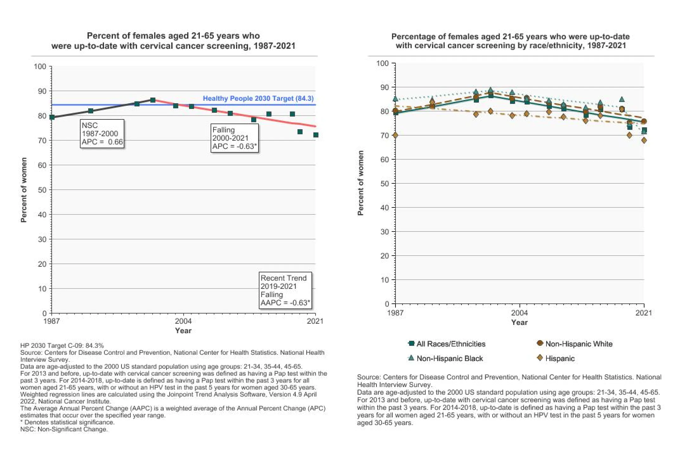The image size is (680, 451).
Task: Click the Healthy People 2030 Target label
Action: tap(258, 98)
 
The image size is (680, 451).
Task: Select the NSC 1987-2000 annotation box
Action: tap(102, 133)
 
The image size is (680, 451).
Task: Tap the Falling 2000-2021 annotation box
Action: tap(235, 138)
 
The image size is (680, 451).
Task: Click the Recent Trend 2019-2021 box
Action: tap(285, 290)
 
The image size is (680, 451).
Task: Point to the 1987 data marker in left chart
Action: tap(52, 117)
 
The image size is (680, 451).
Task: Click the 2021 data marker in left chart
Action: tap(316, 135)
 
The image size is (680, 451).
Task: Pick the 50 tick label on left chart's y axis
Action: tap(42, 190)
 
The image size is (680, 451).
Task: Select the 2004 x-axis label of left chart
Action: tap(183, 321)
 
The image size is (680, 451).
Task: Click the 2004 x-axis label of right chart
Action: tap(520, 313)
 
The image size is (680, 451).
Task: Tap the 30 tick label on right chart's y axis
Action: tap(385, 232)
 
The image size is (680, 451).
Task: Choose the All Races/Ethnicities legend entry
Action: tap(447, 344)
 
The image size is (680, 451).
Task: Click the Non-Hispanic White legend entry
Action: tap(574, 344)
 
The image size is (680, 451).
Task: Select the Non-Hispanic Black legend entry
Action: tap(445, 359)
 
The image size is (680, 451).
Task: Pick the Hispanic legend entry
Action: tap(555, 359)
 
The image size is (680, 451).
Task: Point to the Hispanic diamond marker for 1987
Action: tap(395, 135)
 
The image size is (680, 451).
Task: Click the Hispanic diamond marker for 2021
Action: tap(644, 140)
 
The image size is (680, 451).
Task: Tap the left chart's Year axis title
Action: tap(183, 331)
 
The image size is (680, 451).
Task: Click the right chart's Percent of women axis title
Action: tap(360, 183)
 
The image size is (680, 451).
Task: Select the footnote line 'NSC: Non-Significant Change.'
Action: tap(64, 429)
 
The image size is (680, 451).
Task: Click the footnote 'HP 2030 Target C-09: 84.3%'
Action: tap(62, 346)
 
